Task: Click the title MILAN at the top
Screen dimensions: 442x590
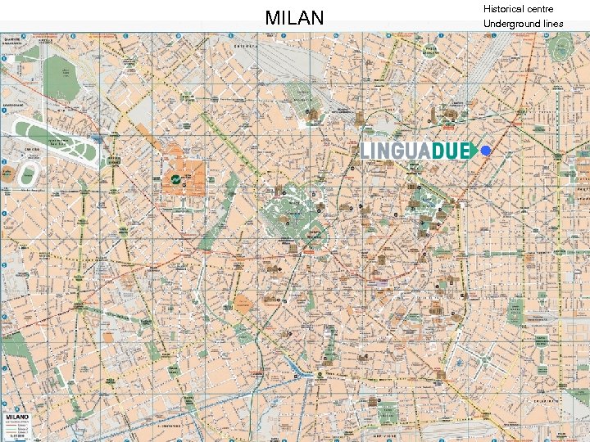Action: click(295, 17)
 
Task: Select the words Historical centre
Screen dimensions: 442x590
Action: click(518, 9)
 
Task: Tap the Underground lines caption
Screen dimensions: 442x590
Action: click(523, 24)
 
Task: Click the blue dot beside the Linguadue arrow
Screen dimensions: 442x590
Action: click(485, 151)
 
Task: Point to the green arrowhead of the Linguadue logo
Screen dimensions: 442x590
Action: click(474, 151)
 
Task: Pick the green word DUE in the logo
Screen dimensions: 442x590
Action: click(450, 151)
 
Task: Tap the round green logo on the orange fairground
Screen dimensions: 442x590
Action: click(175, 178)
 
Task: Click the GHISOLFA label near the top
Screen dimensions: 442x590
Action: click(245, 47)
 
